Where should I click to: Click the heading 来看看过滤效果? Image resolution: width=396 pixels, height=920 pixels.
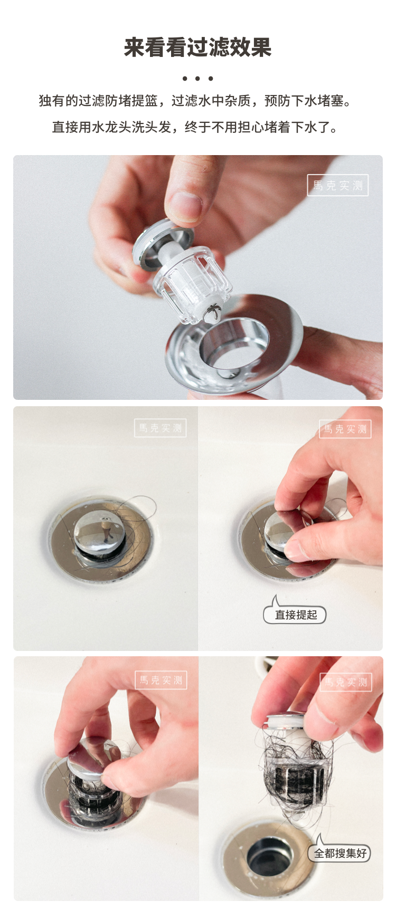(197, 47)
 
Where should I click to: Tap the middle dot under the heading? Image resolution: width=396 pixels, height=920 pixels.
(197, 79)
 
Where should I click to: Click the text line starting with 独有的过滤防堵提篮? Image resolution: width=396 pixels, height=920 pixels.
(195, 101)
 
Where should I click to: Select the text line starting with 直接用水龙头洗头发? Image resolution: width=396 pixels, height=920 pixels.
(195, 127)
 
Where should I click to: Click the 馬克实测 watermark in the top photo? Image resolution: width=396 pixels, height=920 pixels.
(338, 185)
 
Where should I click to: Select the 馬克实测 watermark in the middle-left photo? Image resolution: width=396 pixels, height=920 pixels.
(160, 428)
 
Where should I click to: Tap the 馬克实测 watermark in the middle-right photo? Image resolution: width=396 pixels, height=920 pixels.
(345, 429)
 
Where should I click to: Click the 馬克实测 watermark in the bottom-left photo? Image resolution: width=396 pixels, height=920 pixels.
(161, 680)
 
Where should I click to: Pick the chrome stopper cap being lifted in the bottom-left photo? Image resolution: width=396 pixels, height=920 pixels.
(94, 758)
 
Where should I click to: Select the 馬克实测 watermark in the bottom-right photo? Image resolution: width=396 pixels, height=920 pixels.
(346, 682)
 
